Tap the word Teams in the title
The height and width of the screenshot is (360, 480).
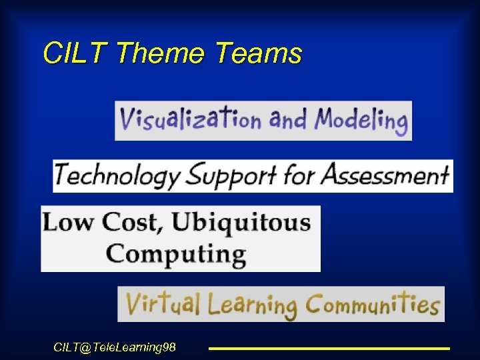[259, 53]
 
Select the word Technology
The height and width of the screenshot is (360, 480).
[117, 176]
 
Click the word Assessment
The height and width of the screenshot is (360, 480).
[385, 175]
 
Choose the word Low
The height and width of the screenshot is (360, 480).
[69, 222]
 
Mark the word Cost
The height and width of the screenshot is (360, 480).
[129, 222]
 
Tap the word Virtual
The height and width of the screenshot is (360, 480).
[163, 305]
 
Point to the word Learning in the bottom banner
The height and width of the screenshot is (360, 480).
[251, 305]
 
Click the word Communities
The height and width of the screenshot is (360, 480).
[372, 305]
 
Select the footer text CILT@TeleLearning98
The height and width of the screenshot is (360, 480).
[115, 347]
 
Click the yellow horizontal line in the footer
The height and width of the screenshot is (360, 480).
[329, 348]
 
